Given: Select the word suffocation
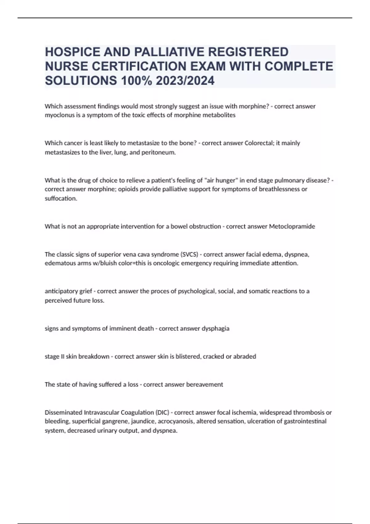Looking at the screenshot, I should coord(61,199).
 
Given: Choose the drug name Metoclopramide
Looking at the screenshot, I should coord(292,227).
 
